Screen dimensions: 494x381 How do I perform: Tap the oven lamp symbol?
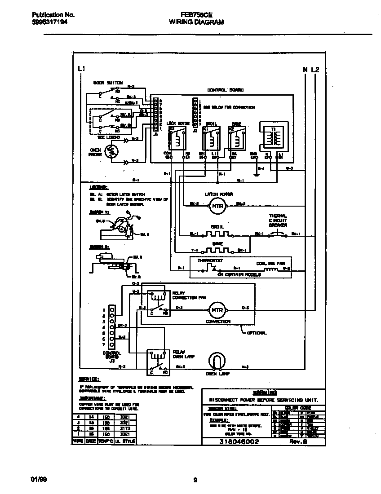(x=217, y=361)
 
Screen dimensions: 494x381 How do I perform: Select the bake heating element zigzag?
(x=217, y=250)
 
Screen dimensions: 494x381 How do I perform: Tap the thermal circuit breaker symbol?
(x=279, y=234)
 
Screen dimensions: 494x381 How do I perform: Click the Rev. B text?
(x=302, y=441)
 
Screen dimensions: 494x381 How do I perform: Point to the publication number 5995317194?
(x=50, y=22)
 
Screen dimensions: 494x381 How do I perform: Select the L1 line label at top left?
(x=81, y=69)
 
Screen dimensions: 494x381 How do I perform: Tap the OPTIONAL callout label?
(x=257, y=333)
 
